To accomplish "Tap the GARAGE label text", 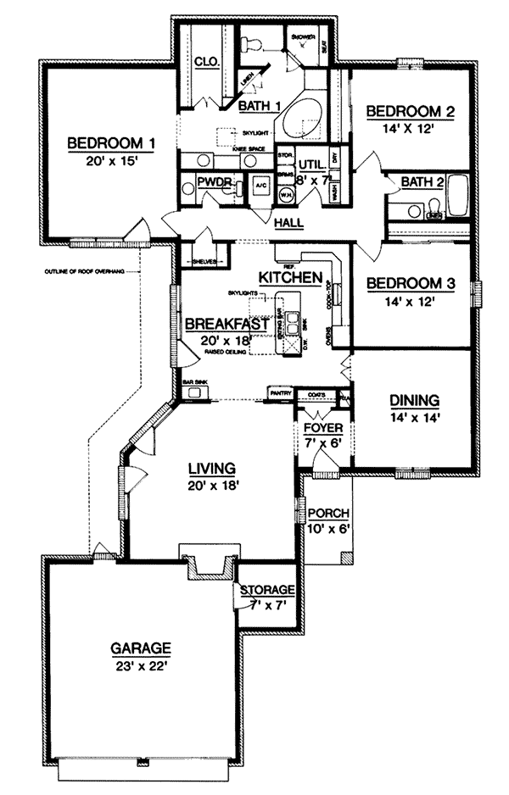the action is coord(141,648).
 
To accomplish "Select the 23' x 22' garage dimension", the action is coord(141,665).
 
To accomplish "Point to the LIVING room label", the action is coord(211,468).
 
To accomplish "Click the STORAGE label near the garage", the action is coord(266,590).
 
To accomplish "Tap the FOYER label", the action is coord(322,428).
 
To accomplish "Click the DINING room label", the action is coord(414,400).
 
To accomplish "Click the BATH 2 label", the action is coord(422,181).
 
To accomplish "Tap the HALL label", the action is coord(290,223).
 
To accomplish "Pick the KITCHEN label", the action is coord(290,277).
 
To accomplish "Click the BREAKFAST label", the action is coord(227,324).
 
